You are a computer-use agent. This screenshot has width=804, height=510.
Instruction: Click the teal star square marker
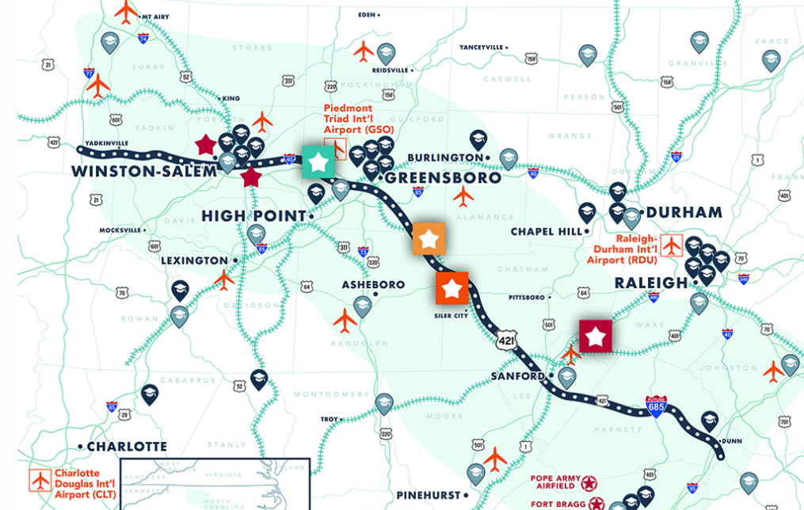(318, 162)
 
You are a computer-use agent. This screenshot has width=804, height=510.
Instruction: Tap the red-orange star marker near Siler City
(452, 288)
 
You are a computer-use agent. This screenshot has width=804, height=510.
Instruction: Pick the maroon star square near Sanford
(596, 336)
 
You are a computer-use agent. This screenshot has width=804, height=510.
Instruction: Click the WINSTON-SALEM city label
(143, 172)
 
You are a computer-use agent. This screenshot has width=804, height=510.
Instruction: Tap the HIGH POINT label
(253, 216)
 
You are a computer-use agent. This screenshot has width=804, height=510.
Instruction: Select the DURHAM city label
(684, 212)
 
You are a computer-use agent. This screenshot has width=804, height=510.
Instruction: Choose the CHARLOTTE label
(127, 446)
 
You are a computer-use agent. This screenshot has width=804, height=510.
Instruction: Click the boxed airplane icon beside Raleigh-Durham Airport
(672, 246)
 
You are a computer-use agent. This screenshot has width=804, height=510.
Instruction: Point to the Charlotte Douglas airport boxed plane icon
(40, 480)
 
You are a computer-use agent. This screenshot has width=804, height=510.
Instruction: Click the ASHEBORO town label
(373, 285)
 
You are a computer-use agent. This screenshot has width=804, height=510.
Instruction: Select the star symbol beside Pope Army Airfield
(588, 482)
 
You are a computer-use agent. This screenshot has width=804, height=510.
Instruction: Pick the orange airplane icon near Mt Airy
(125, 12)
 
